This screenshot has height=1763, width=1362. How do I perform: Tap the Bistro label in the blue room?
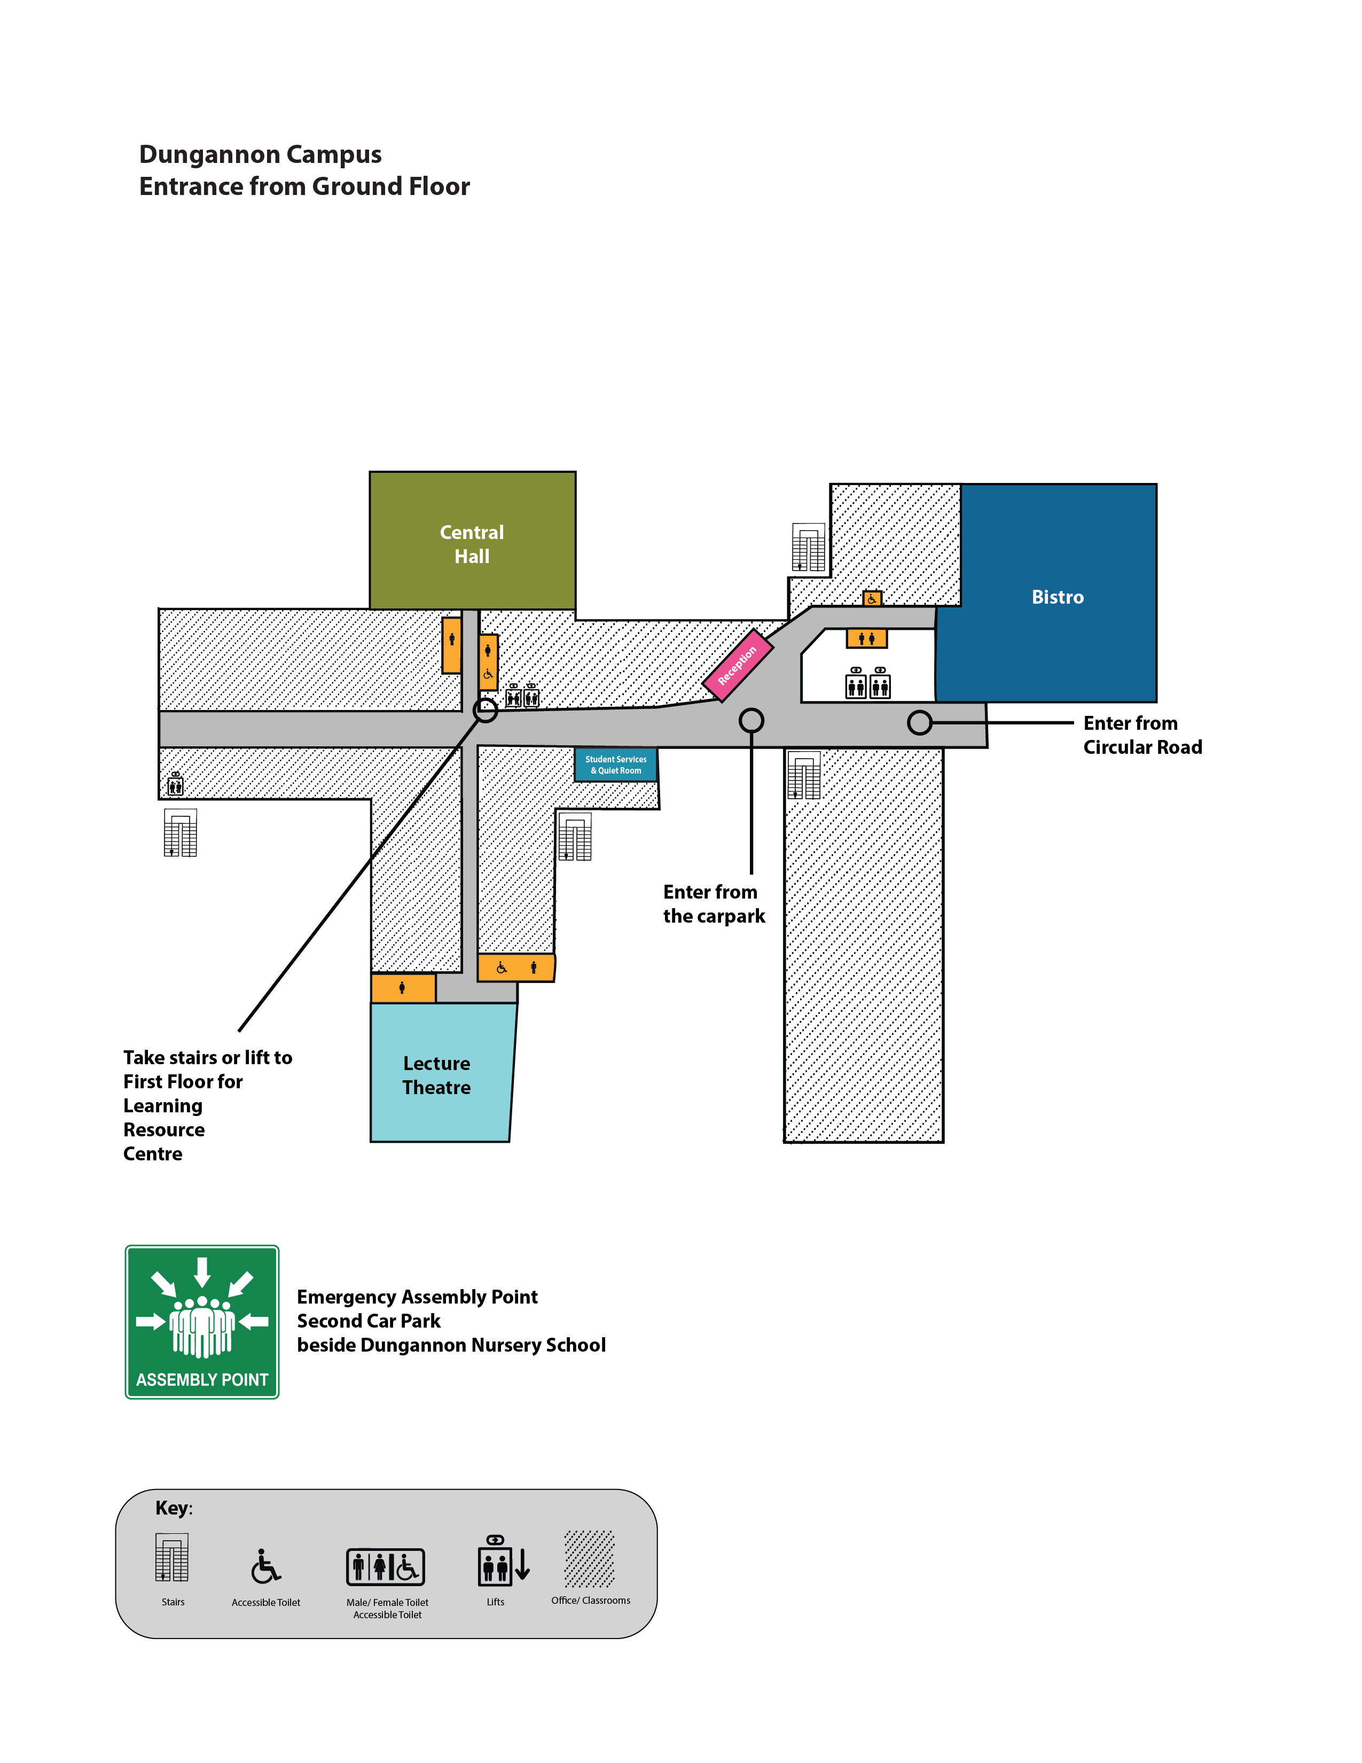(x=1057, y=597)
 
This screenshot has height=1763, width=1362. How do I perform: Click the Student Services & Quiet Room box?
(x=616, y=765)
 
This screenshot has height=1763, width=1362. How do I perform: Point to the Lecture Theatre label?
(x=436, y=1075)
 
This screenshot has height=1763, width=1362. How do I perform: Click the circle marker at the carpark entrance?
(x=751, y=720)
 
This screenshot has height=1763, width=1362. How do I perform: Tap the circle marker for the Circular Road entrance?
(x=919, y=722)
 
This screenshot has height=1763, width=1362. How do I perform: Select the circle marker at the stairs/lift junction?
(x=485, y=711)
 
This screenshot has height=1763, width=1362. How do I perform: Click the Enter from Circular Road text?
(x=1142, y=735)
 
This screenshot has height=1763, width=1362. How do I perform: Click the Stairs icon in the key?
(x=172, y=1557)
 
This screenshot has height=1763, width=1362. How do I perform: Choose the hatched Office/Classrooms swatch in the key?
(x=589, y=1558)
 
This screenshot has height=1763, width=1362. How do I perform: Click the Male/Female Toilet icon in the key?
(x=386, y=1567)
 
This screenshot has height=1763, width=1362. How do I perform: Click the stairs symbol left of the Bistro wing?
(x=809, y=548)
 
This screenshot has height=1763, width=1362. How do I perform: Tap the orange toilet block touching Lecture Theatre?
(x=403, y=988)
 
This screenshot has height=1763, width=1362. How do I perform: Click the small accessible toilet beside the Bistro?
(x=872, y=599)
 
